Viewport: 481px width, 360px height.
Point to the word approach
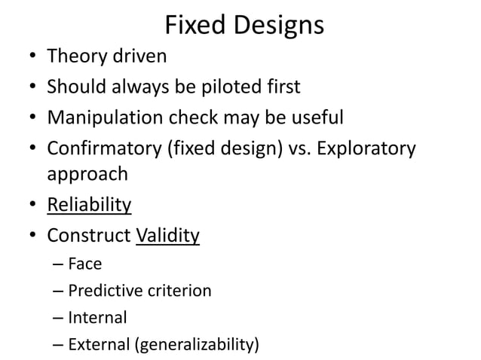pyautogui.click(x=87, y=175)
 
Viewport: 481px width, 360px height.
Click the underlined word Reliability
pyautogui.click(x=89, y=205)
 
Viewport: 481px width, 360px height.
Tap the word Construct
pyautogui.click(x=88, y=236)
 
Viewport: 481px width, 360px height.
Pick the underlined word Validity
pyautogui.click(x=167, y=236)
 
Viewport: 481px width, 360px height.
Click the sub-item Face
pyautogui.click(x=84, y=264)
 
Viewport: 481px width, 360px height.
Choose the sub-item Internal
pyautogui.click(x=97, y=317)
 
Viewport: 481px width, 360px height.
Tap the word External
pyautogui.click(x=98, y=346)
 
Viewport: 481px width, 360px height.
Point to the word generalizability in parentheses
pyautogui.click(x=195, y=346)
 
